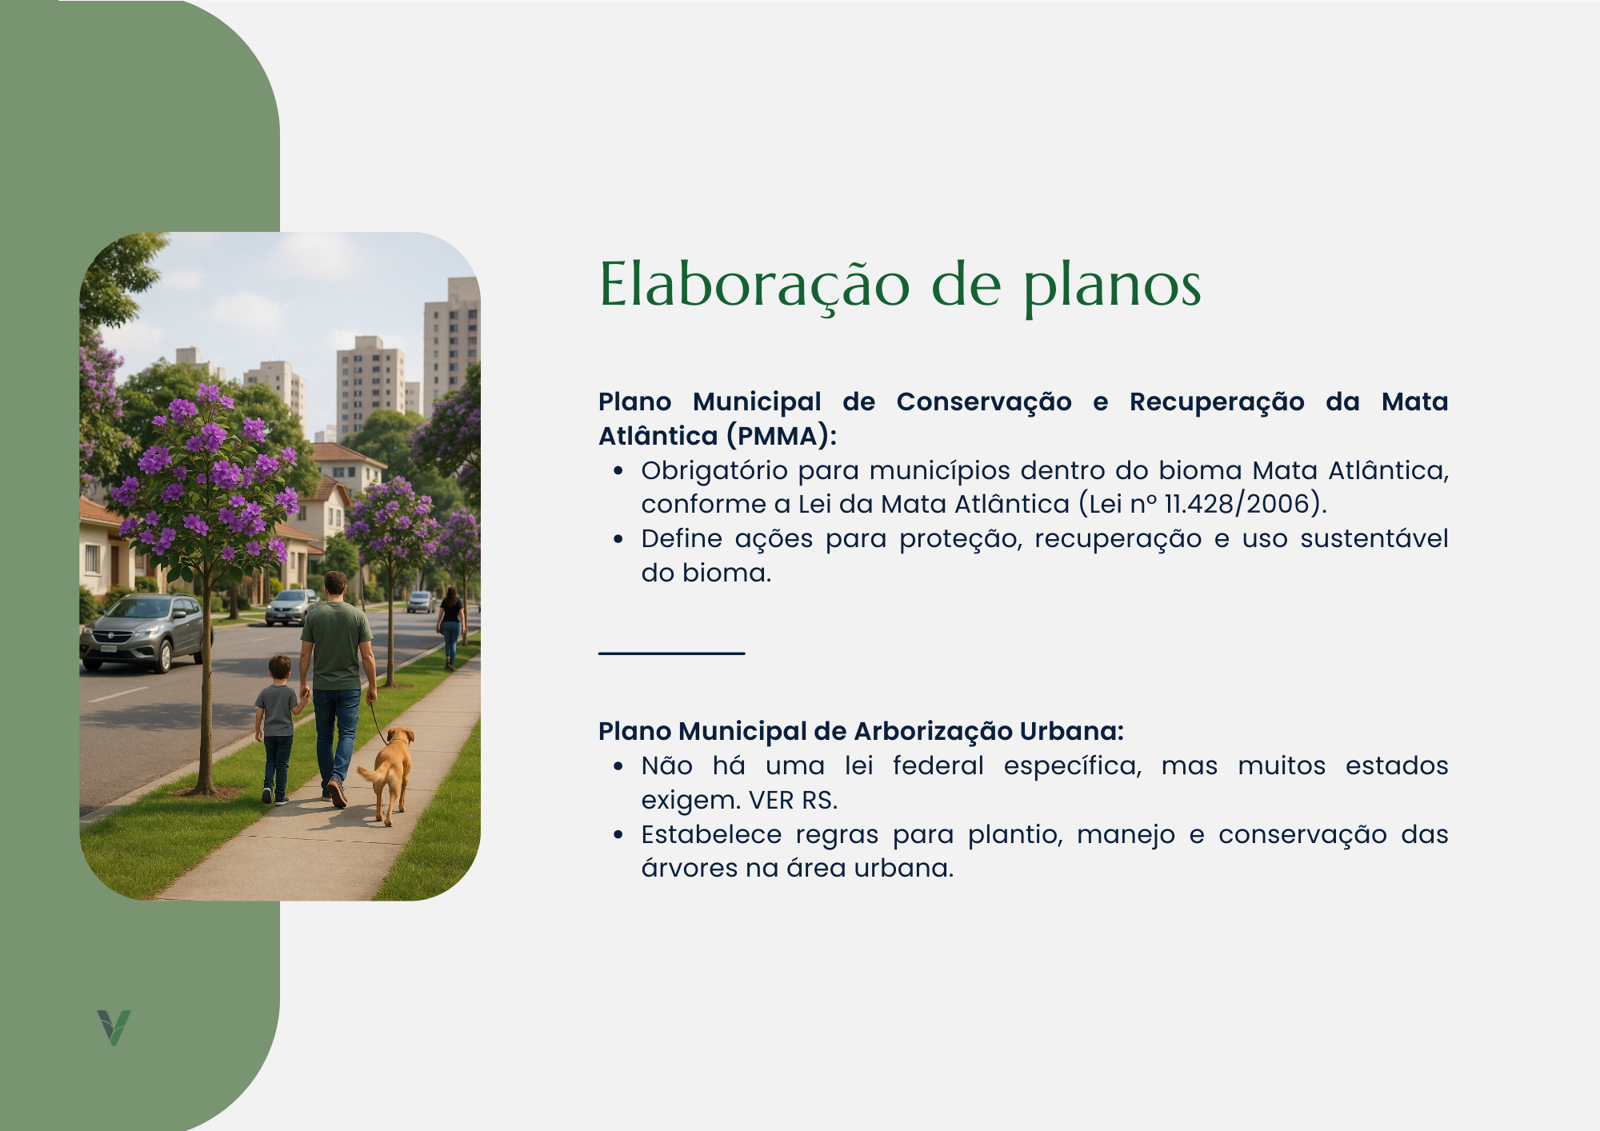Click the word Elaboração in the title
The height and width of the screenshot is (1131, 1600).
[x=754, y=286]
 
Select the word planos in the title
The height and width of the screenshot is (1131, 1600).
[x=1113, y=288]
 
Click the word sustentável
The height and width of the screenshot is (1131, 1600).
[x=1374, y=538]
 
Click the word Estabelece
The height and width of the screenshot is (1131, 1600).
[x=711, y=834]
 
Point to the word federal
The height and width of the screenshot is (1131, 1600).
[x=938, y=765]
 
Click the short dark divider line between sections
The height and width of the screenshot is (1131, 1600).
[x=672, y=653]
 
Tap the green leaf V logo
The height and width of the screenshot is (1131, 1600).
[x=114, y=1027]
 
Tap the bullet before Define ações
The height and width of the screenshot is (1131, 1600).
[x=618, y=539]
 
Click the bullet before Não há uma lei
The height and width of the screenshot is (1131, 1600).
[x=618, y=766]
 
